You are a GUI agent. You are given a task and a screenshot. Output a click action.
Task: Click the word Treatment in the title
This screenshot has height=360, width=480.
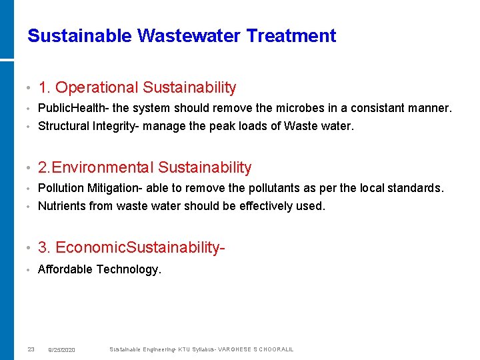(x=291, y=35)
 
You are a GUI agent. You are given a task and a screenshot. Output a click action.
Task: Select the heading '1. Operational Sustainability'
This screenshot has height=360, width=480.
(x=137, y=87)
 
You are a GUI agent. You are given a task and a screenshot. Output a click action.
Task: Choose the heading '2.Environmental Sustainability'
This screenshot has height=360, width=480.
(x=145, y=167)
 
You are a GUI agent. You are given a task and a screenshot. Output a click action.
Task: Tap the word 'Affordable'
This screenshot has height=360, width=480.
(x=65, y=269)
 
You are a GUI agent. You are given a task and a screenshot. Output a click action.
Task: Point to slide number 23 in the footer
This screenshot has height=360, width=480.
(x=31, y=349)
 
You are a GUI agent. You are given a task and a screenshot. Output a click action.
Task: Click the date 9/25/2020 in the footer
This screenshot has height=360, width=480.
(x=62, y=350)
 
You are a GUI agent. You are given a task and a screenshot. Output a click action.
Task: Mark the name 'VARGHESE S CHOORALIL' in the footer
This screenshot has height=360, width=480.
(x=255, y=349)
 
